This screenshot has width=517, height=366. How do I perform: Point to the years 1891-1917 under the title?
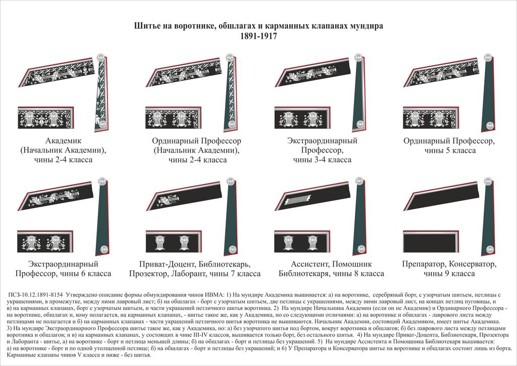[258, 37]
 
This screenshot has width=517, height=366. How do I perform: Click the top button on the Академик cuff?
[101, 56]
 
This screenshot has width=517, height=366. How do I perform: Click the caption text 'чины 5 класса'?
[449, 151]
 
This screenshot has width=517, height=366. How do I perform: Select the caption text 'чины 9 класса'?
[449, 273]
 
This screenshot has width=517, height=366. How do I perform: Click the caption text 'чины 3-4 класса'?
[322, 160]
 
